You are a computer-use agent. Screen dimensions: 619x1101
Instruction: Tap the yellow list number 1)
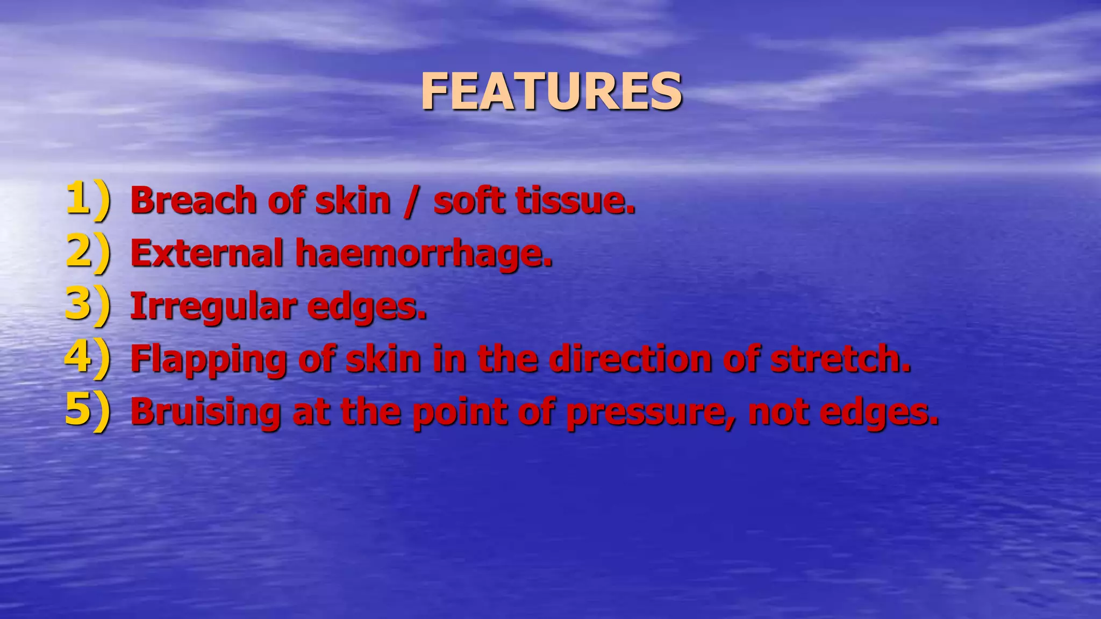[x=88, y=199]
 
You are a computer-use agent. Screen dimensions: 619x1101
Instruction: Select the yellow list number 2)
[x=88, y=252]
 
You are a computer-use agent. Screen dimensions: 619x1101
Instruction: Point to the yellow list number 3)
[x=88, y=305]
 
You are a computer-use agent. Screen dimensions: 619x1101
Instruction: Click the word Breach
[x=193, y=200]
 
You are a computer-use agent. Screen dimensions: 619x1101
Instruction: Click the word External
[x=206, y=253]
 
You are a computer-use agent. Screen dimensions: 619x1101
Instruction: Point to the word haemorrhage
[x=424, y=254]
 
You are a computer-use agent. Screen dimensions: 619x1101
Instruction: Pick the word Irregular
[x=213, y=307]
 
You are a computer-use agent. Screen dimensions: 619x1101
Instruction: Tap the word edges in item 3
[x=367, y=307]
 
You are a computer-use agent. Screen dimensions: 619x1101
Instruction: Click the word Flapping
[x=209, y=359]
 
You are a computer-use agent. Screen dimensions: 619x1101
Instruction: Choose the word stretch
[x=841, y=358]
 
